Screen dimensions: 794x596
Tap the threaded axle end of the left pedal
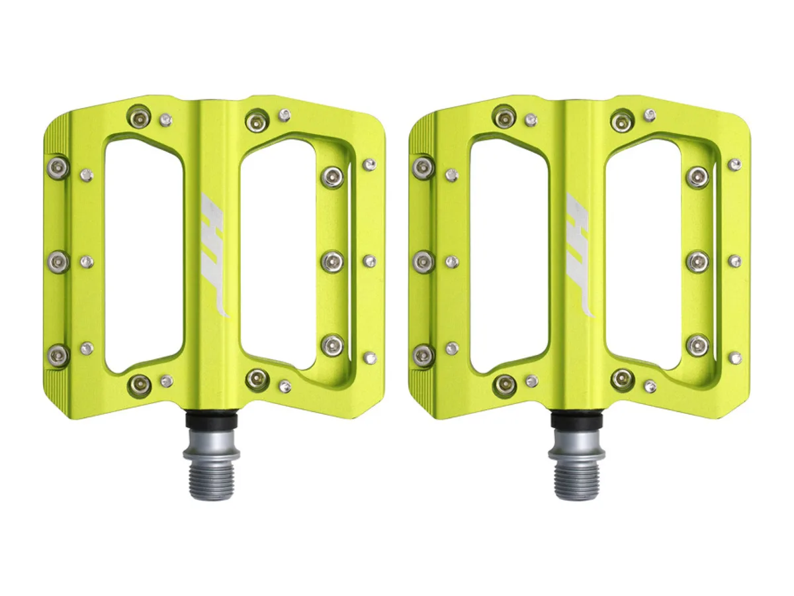212,481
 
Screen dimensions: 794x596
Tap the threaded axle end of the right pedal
577,481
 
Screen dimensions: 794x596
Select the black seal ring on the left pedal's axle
212,420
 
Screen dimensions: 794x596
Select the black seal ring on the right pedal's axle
577,420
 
